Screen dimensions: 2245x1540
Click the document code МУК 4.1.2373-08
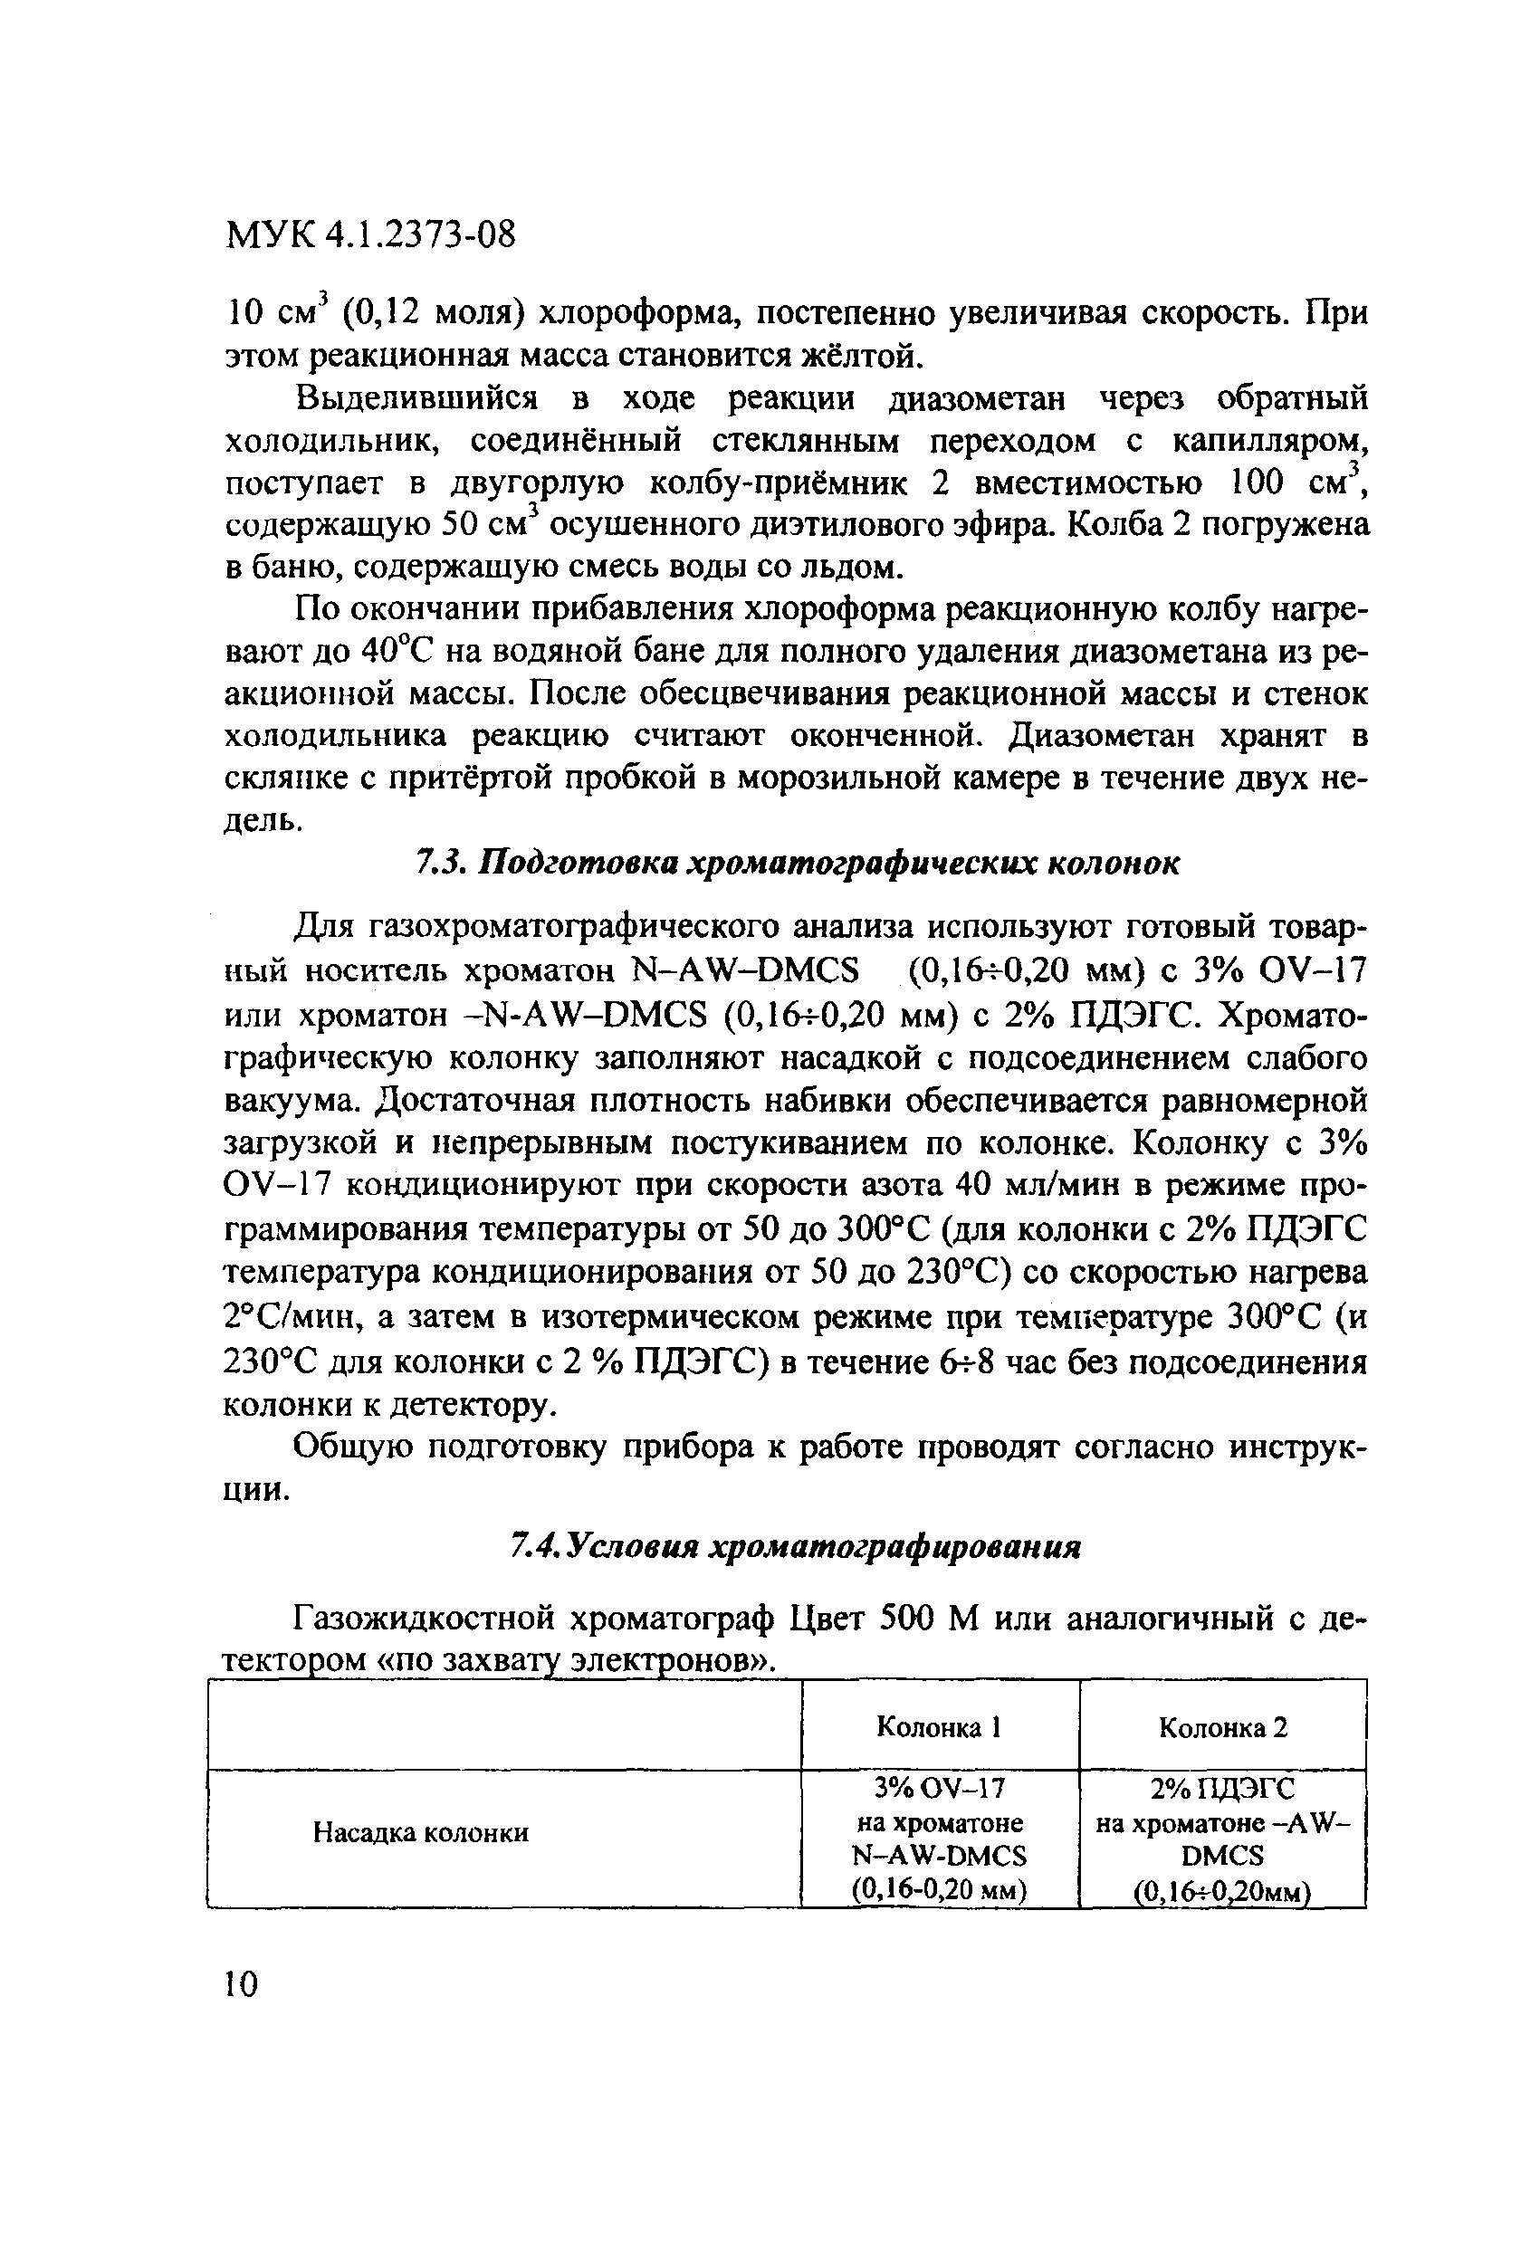(370, 234)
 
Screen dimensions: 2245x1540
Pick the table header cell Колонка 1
(937, 1727)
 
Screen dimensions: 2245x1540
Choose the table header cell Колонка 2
(1222, 1727)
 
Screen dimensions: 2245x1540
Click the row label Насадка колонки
(420, 1832)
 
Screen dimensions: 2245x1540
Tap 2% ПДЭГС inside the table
(1222, 1788)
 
